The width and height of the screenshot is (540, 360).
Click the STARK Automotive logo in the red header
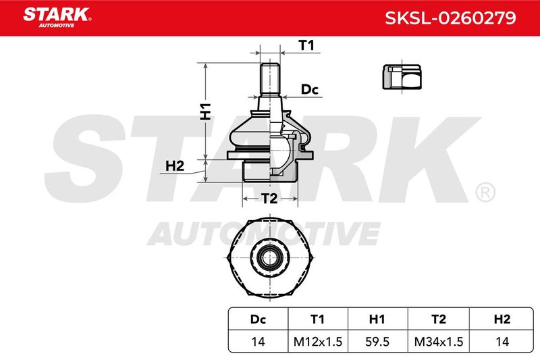pos(57,18)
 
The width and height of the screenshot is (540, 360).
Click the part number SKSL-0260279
pos(450,18)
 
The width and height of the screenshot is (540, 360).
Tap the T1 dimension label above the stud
pos(306,45)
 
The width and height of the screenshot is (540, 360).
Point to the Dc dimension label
pos(310,89)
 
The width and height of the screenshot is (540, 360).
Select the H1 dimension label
pos(206,111)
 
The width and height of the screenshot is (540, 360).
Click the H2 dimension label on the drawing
pos(175,166)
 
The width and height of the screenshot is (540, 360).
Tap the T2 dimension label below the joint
pos(269,199)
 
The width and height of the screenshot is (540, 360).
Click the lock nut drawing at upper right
pos(402,77)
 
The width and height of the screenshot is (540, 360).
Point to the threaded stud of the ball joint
pos(269,79)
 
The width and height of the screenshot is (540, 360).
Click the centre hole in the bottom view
pos(269,257)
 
